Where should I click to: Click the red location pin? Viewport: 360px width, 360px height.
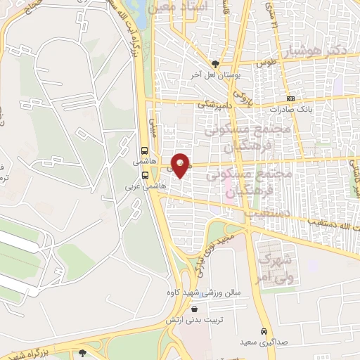[x=181, y=165]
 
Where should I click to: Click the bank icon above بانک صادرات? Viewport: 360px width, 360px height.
[x=290, y=98]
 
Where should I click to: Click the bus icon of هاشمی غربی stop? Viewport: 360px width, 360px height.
[x=144, y=175]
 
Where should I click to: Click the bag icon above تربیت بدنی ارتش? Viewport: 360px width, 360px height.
[x=205, y=307]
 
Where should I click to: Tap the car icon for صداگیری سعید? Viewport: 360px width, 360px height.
[x=264, y=331]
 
